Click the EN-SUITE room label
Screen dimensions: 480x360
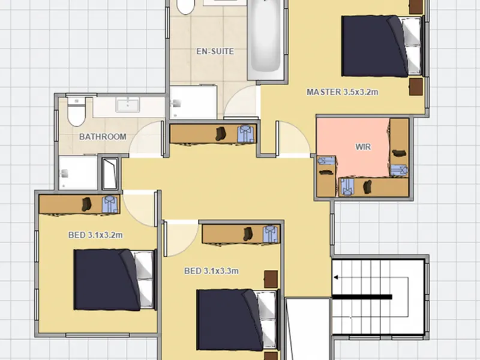215,51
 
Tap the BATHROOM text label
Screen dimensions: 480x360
103,137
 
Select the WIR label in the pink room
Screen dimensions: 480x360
363,147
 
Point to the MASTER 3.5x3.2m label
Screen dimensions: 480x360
342,92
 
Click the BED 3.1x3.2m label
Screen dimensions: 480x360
95,235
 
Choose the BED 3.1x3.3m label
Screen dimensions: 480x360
211,271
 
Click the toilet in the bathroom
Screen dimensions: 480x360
76,112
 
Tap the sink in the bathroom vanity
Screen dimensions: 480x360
128,104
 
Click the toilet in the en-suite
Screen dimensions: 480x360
185,7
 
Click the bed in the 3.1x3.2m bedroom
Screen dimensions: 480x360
114,280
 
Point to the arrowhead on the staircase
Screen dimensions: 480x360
335,277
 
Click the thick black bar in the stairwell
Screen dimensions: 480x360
362,296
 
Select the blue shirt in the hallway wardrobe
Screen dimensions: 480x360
247,134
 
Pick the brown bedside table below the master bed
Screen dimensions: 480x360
416,86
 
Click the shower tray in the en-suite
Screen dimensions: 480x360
193,103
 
